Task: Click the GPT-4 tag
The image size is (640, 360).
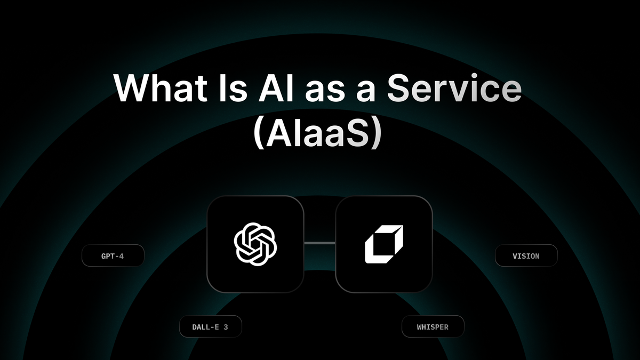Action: (113, 256)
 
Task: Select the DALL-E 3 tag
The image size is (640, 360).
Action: (210, 327)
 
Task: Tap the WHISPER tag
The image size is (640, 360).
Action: (433, 327)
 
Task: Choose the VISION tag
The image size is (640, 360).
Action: (526, 256)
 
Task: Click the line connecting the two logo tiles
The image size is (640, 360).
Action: (319, 243)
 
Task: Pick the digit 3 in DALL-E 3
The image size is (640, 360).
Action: (226, 327)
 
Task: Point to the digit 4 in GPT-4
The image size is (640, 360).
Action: (122, 256)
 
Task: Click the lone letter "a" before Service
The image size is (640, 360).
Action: (369, 89)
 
